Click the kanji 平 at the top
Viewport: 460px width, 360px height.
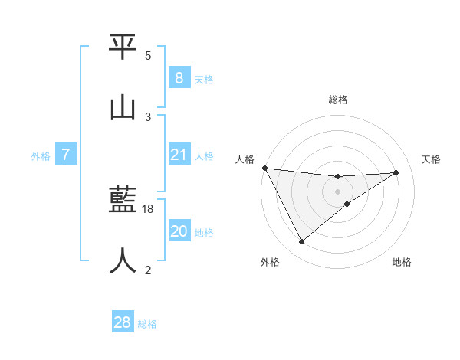point(123,47)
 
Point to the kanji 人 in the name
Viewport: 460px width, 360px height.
point(123,260)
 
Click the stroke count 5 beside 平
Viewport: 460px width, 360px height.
point(148,56)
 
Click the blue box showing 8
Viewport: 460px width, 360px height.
point(179,77)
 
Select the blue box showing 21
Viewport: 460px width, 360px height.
point(179,155)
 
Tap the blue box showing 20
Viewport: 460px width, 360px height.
point(179,231)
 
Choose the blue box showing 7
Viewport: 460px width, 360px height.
point(66,155)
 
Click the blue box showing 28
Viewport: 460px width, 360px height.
point(122,322)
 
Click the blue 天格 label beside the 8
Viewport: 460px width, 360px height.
point(204,80)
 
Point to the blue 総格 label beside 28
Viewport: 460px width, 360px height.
point(147,325)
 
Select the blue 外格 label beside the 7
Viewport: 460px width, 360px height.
point(41,157)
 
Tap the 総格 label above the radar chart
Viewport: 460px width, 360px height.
point(338,100)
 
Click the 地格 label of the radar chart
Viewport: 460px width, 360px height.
point(402,263)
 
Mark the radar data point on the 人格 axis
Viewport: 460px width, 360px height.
point(264,168)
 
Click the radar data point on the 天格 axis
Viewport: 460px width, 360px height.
point(396,172)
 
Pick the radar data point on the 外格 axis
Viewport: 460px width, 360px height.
point(301,242)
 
